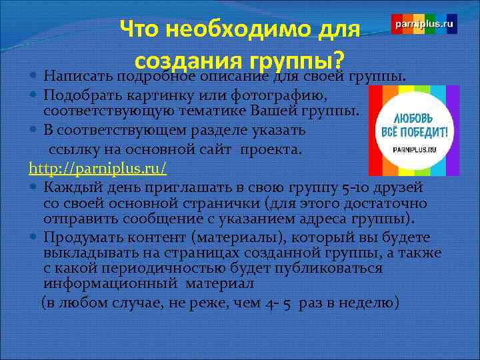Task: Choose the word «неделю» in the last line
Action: click(x=369, y=303)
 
